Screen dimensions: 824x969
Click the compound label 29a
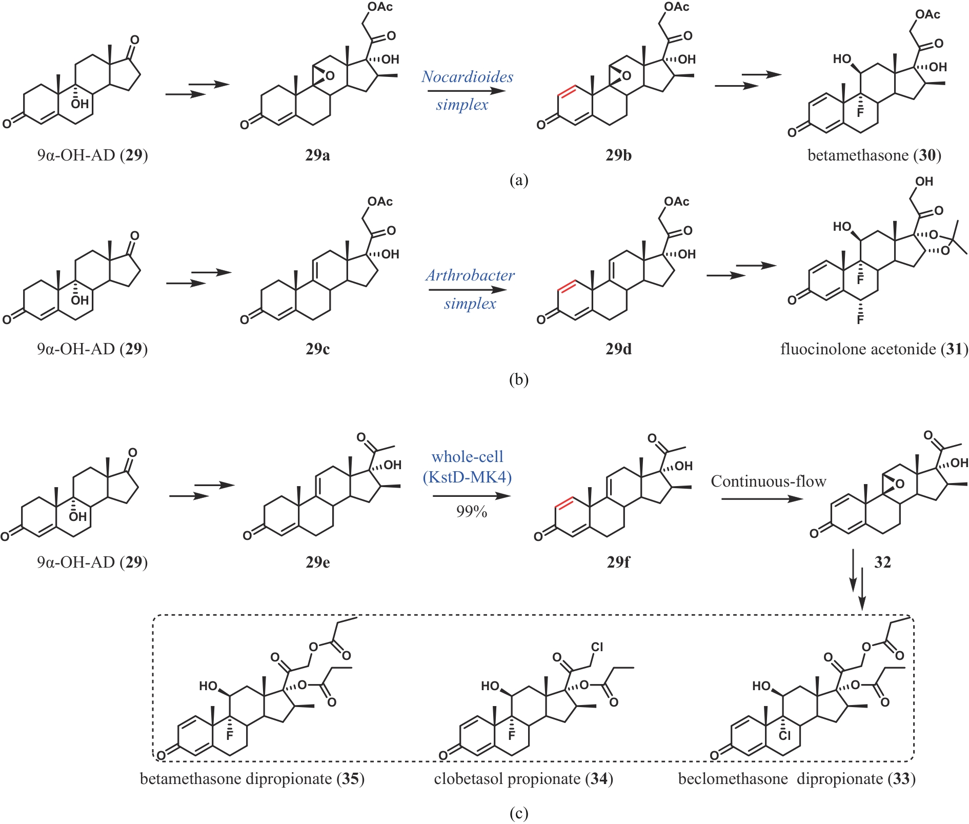pos(317,155)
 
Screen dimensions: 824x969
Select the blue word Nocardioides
pos(467,77)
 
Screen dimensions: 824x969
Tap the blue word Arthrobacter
pos(470,275)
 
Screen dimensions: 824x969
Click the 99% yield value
pos(471,511)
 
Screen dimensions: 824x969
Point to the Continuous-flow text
pos(768,481)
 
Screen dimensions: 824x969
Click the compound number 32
pos(882,562)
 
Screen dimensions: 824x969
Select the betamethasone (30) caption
pos(874,155)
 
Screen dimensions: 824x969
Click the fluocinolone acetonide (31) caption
pos(874,349)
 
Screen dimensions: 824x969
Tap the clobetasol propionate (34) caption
pos(523,779)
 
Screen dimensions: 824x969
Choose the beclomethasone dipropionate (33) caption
pos(796,779)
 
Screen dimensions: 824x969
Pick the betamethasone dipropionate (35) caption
pos(252,779)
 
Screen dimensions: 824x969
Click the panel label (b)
pos(518,379)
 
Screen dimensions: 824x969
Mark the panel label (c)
pos(518,814)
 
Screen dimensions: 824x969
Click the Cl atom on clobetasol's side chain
pos(597,647)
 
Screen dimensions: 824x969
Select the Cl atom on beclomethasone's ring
pos(784,736)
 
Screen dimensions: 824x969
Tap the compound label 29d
pos(618,349)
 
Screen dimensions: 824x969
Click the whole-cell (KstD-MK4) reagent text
pos(467,467)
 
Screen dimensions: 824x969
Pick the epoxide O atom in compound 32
pos(899,484)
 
